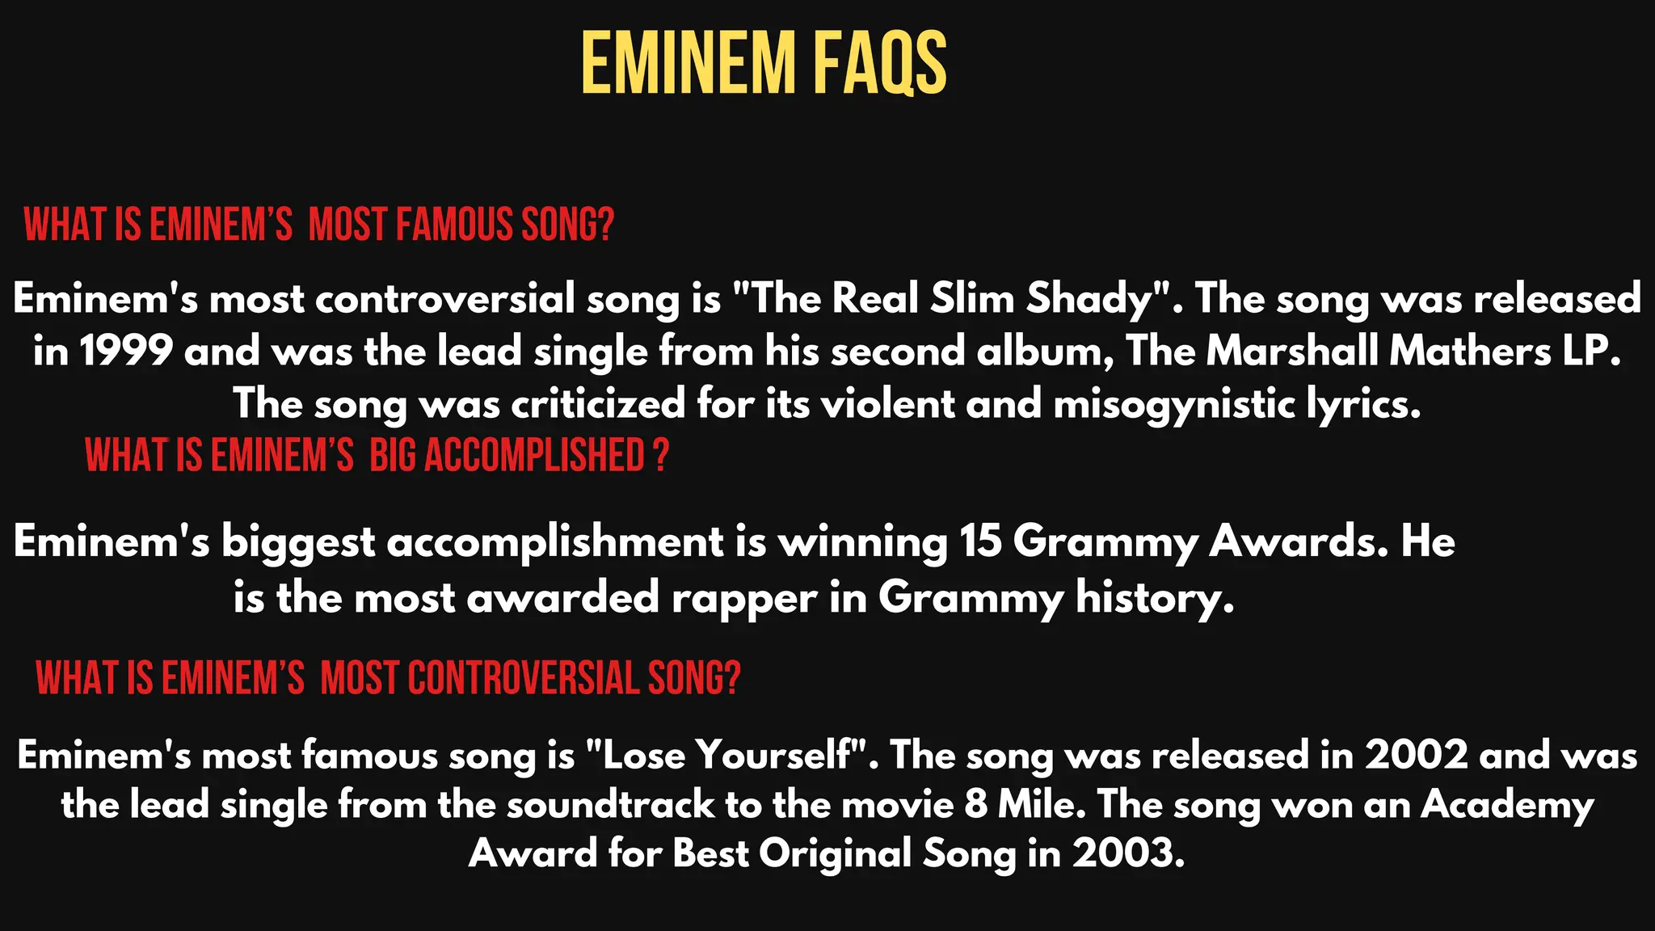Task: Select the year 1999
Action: click(126, 352)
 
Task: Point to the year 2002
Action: click(1416, 756)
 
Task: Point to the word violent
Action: click(888, 403)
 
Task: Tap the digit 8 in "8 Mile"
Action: click(976, 805)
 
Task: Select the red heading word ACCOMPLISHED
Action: click(534, 455)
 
